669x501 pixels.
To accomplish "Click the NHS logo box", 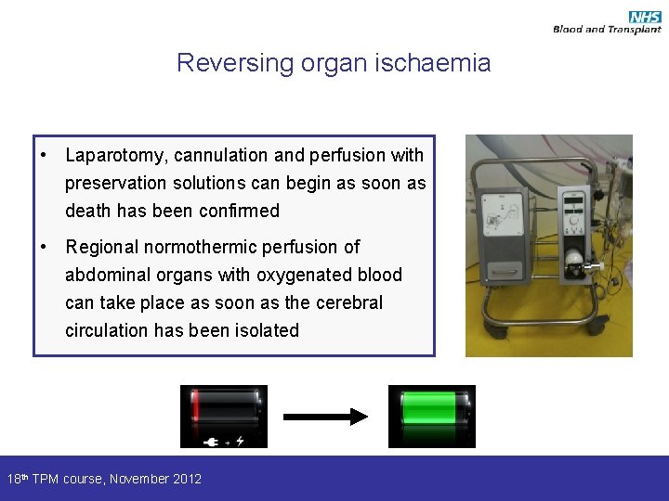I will tap(644, 17).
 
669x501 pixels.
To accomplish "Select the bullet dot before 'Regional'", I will tap(44, 247).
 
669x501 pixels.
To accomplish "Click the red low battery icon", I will tap(223, 408).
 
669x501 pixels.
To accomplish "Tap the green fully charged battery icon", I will tap(431, 408).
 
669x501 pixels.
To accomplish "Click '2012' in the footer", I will tap(185, 479).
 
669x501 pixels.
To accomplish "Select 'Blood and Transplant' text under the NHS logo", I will tap(607, 30).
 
